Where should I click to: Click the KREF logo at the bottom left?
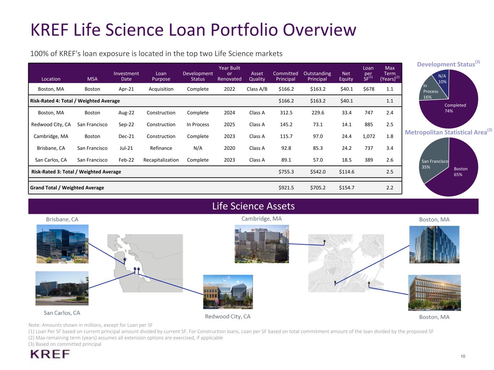(50, 354)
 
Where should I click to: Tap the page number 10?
(463, 356)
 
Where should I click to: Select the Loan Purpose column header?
(161, 76)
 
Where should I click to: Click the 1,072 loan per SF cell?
(369, 136)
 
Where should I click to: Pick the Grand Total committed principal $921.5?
(286, 188)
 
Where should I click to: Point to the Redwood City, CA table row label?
(51, 124)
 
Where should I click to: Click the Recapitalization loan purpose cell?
(161, 160)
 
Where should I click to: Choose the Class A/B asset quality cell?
(257, 89)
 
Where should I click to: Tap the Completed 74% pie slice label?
(455, 108)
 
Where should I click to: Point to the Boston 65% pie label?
(460, 172)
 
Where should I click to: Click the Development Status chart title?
(448, 64)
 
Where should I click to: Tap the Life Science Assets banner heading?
(253, 206)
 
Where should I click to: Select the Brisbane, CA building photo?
(62, 244)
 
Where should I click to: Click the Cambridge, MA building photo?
(262, 244)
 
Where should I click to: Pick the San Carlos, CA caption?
(62, 313)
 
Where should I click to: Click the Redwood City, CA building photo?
(228, 292)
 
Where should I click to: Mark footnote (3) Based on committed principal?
(65, 344)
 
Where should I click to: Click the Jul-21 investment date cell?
(126, 148)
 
